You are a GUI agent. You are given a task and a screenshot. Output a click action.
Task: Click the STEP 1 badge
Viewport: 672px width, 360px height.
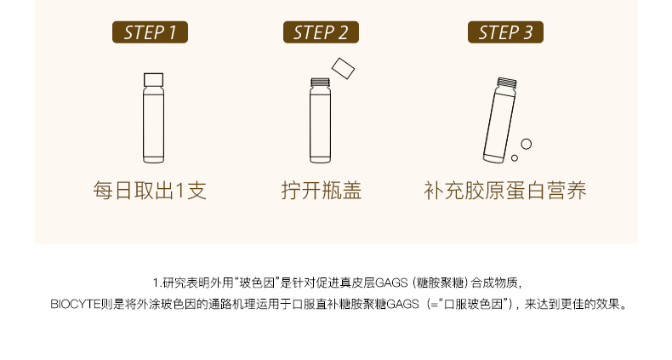point(150,32)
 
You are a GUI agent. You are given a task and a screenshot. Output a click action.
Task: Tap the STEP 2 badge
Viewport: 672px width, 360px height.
point(321,32)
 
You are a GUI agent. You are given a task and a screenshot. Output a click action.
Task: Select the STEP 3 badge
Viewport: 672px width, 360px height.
point(506,32)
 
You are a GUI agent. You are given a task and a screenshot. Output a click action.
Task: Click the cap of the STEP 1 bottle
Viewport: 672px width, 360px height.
point(153,80)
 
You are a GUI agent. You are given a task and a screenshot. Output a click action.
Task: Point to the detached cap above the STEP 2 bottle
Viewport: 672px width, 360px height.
point(343,69)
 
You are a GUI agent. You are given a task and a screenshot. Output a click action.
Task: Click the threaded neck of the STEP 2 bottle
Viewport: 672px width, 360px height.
point(320,83)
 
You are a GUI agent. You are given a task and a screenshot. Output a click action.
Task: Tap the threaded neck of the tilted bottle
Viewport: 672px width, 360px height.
point(507,83)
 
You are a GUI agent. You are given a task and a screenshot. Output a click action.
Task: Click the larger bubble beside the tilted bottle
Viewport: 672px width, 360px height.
point(527,144)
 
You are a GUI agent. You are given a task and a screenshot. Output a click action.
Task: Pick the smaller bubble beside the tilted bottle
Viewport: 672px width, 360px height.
point(515,157)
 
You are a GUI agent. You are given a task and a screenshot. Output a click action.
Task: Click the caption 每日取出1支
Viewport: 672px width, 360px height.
point(150,191)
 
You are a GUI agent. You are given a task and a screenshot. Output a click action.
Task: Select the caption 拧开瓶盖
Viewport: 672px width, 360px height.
point(322,191)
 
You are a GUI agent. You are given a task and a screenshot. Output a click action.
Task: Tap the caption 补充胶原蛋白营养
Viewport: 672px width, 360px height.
point(505,191)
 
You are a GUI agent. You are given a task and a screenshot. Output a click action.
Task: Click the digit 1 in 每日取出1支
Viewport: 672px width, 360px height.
point(180,191)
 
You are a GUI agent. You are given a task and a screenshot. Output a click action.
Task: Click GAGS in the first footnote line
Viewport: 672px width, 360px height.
point(391,283)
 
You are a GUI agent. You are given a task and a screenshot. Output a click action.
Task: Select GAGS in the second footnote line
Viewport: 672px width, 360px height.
point(402,305)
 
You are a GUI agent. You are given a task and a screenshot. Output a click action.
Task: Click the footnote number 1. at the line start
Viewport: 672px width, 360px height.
point(157,283)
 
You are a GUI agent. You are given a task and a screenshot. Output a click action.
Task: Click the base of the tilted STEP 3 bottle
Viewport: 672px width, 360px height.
point(493,158)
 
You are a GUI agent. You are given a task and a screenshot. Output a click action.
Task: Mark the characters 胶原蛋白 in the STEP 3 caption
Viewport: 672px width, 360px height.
point(505,191)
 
